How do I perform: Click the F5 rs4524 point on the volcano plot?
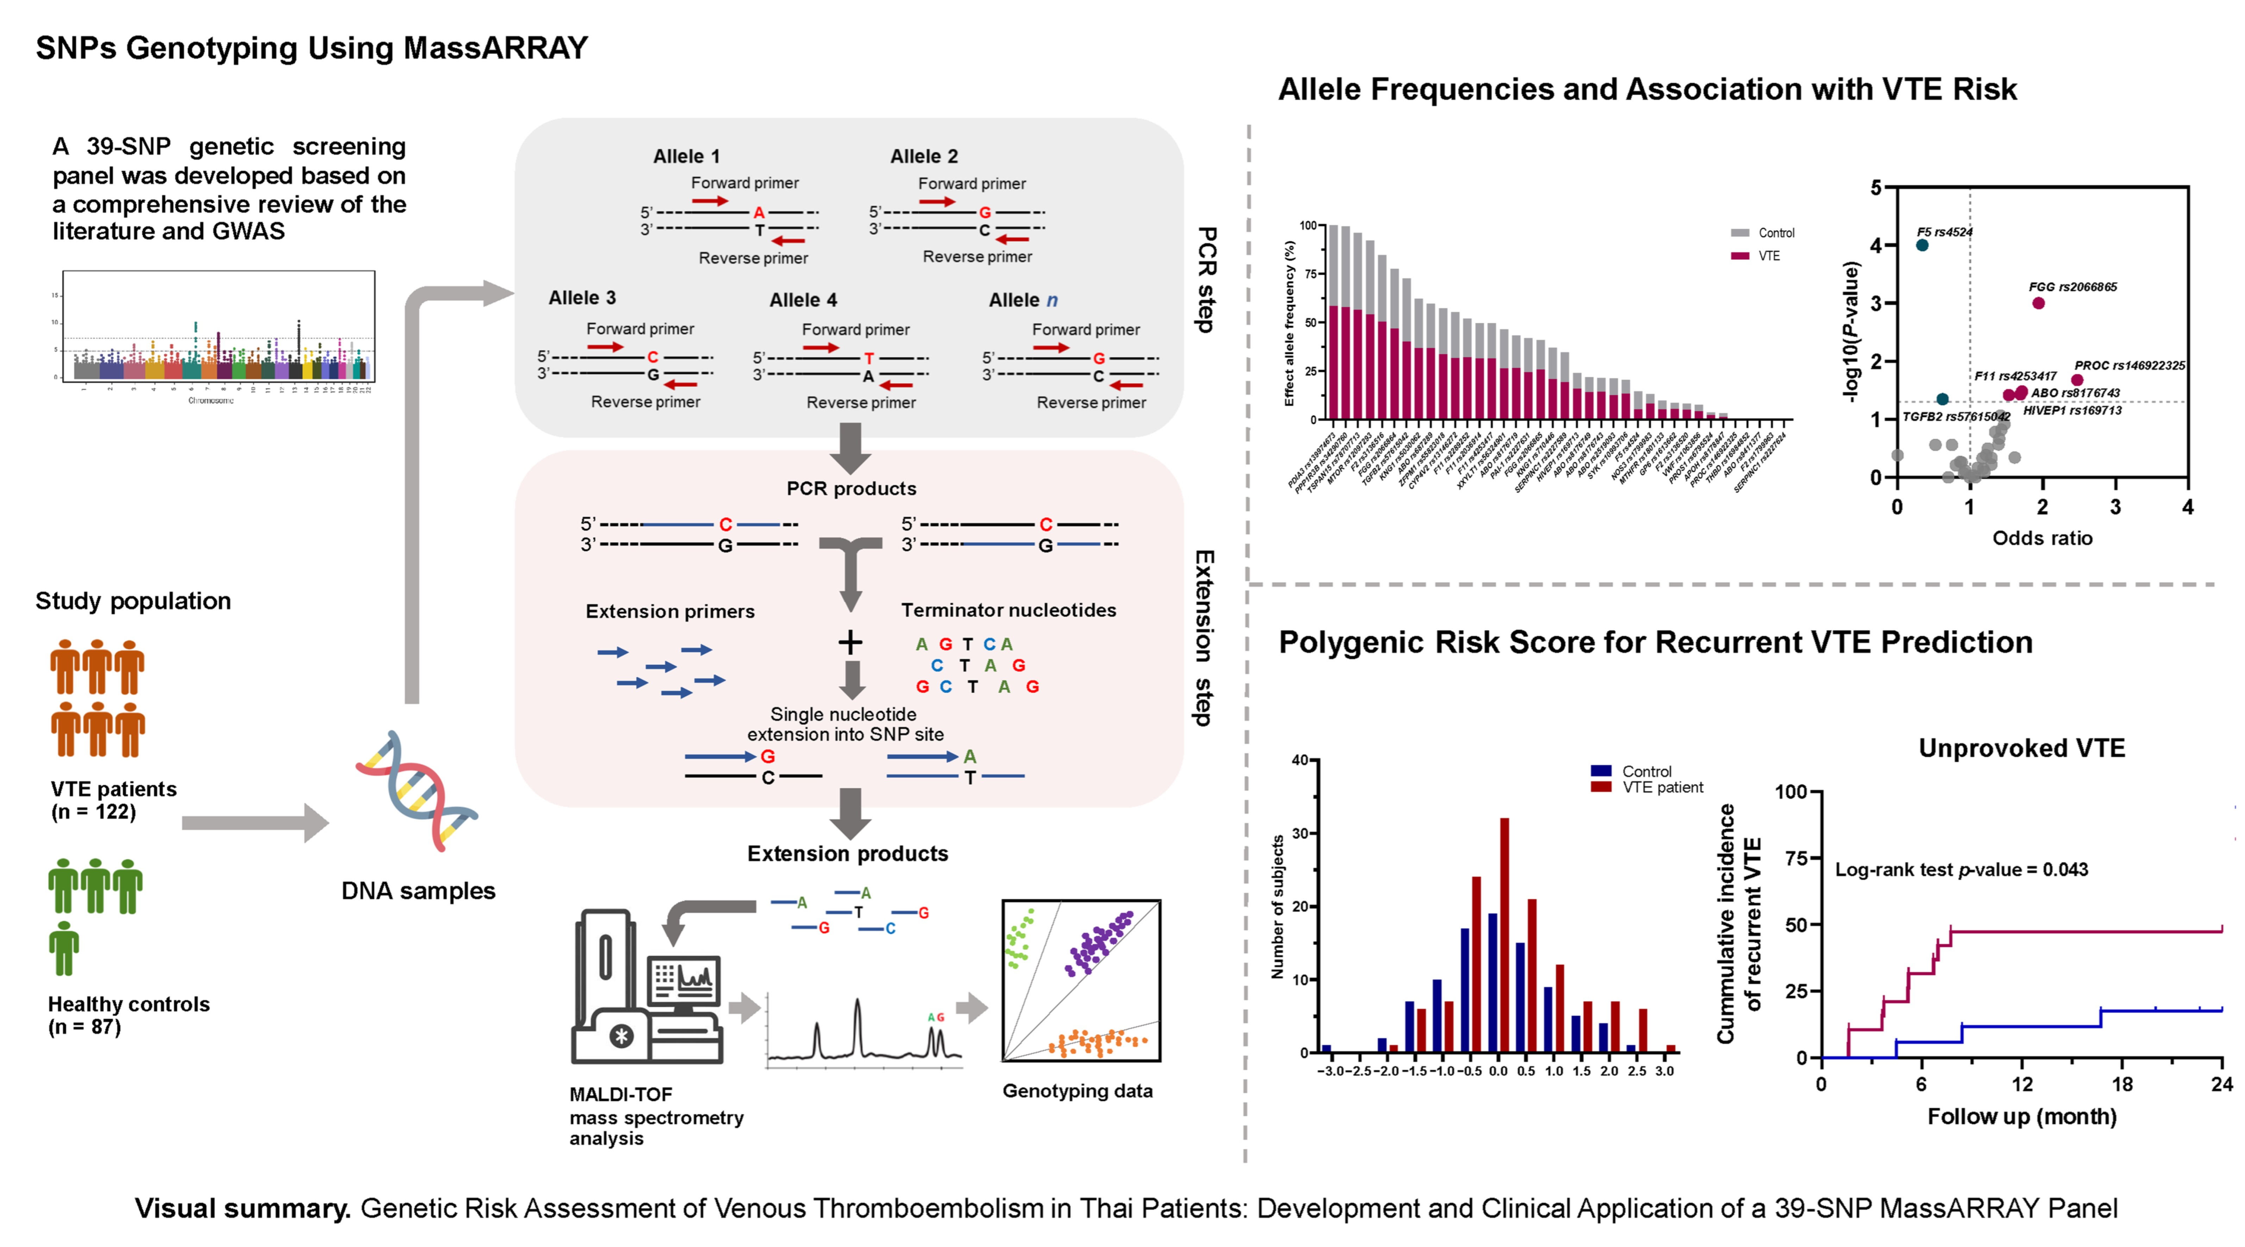(1922, 245)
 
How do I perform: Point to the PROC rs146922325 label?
(2129, 365)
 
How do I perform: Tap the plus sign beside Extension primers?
(850, 643)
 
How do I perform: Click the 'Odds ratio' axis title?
(2042, 538)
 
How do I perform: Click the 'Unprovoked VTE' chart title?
(2022, 748)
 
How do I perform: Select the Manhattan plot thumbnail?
(218, 335)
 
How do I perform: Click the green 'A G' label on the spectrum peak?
(935, 1017)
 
